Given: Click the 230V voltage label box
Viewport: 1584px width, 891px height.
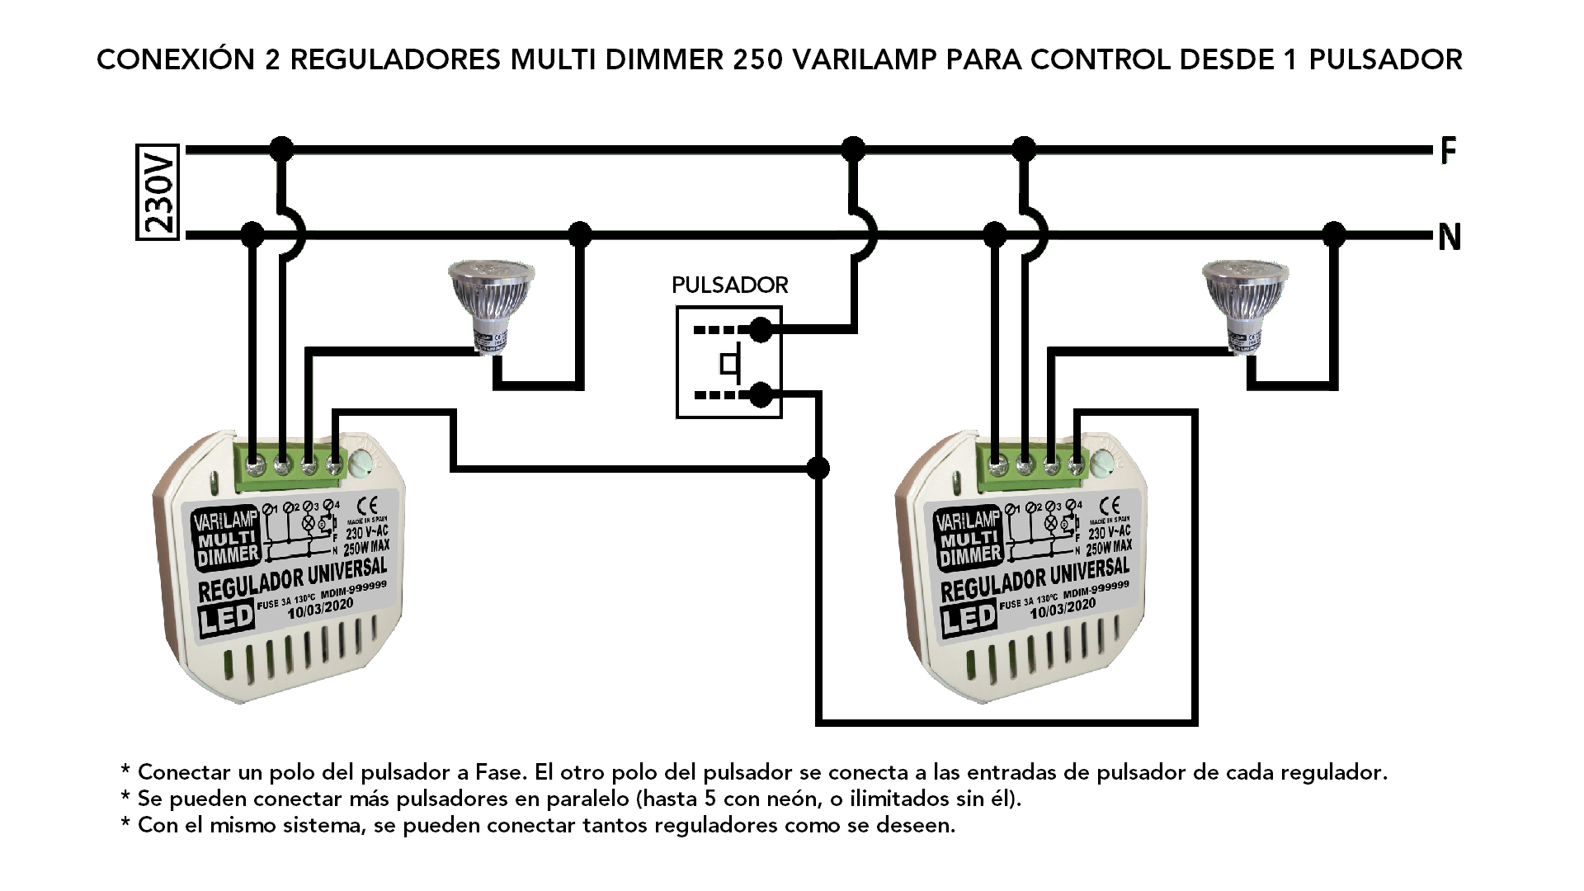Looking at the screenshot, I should pos(158,192).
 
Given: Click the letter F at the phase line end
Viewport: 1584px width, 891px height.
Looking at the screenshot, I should pos(1448,151).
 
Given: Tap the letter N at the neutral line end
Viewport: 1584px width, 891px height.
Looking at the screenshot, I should pos(1450,238).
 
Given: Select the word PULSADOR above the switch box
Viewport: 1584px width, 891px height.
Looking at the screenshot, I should pos(729,285).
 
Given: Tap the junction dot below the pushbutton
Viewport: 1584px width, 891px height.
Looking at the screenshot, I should pos(818,469).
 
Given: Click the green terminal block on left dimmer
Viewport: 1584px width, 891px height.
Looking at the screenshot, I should pos(295,464).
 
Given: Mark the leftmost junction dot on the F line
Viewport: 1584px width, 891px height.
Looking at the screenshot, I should pos(282,149).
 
